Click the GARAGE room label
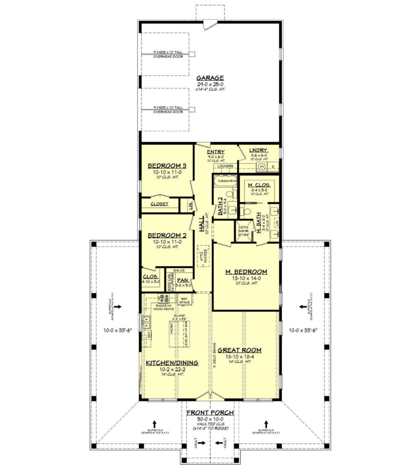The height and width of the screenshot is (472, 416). (210, 78)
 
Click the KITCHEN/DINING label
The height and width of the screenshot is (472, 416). (172, 363)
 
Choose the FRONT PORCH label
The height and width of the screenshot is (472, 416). (210, 413)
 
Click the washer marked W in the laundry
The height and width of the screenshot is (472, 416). (261, 165)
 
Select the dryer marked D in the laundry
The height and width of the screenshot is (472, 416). (273, 166)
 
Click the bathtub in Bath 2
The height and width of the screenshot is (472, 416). (224, 181)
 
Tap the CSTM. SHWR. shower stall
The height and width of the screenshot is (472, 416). (243, 231)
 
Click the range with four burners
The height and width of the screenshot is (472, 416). (163, 298)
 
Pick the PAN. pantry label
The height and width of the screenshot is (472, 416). (182, 280)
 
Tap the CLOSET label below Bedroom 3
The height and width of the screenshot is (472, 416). (160, 204)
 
